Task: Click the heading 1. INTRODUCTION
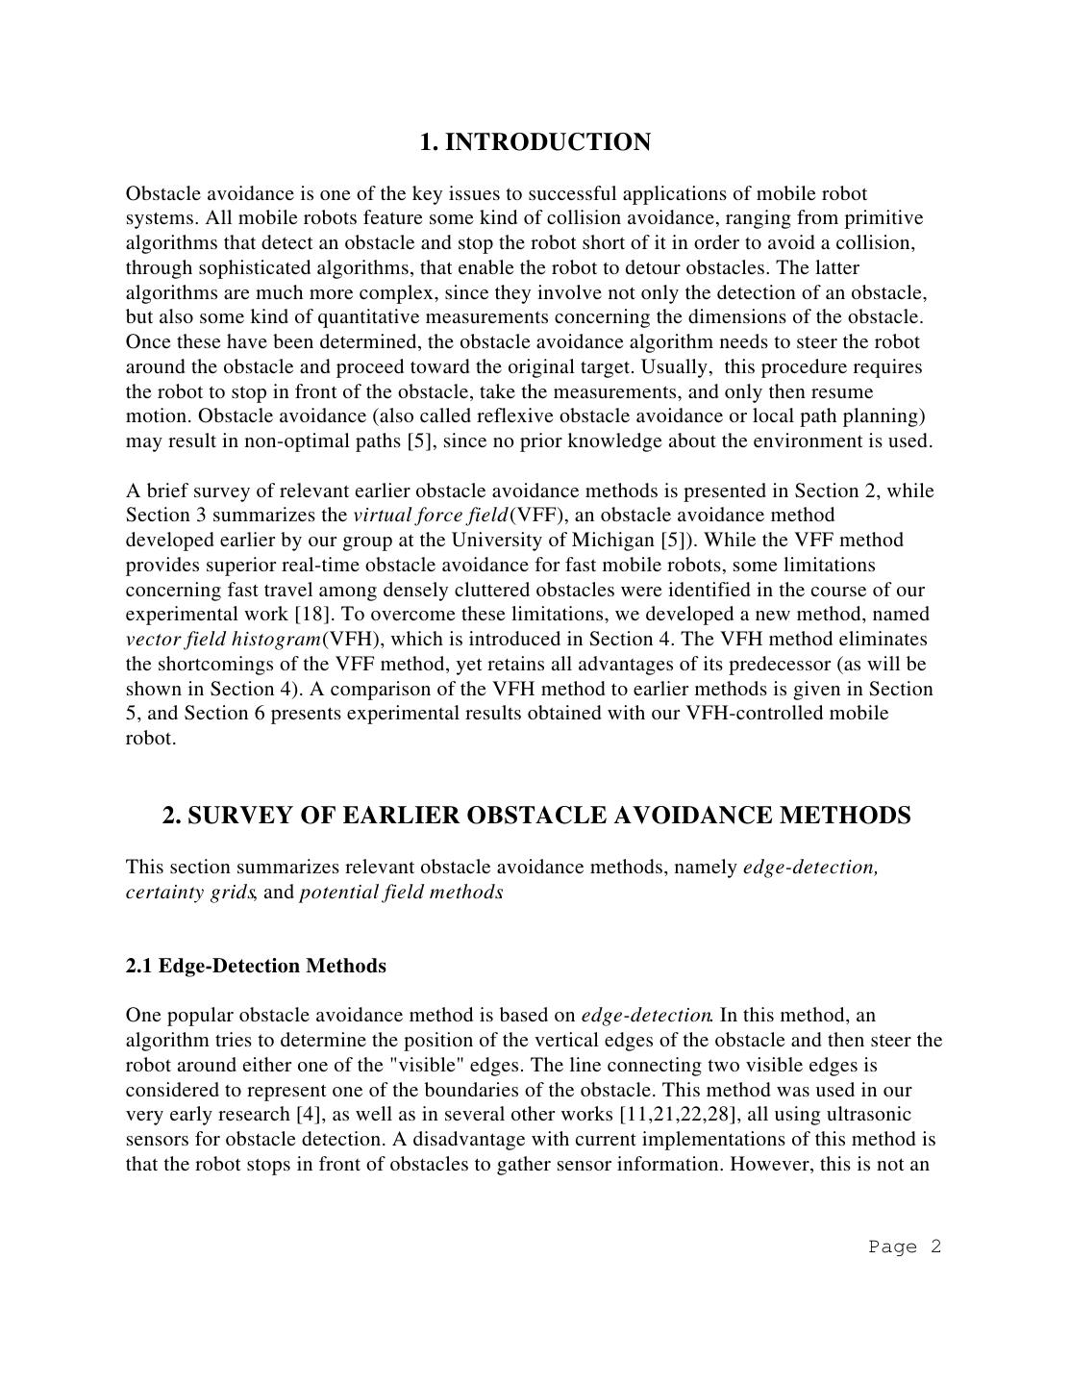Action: coord(535,142)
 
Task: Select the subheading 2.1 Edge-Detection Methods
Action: coord(256,966)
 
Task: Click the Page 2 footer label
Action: coord(904,1246)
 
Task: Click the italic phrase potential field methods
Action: coord(401,892)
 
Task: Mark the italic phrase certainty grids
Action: coord(189,892)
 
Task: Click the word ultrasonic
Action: coord(899,1115)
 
